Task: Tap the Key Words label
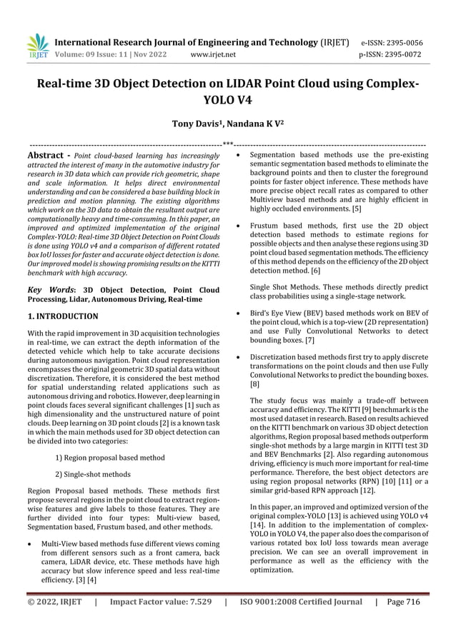50,291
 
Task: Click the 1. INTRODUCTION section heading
63,316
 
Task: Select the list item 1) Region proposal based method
110,458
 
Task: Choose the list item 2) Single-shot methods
93,473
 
